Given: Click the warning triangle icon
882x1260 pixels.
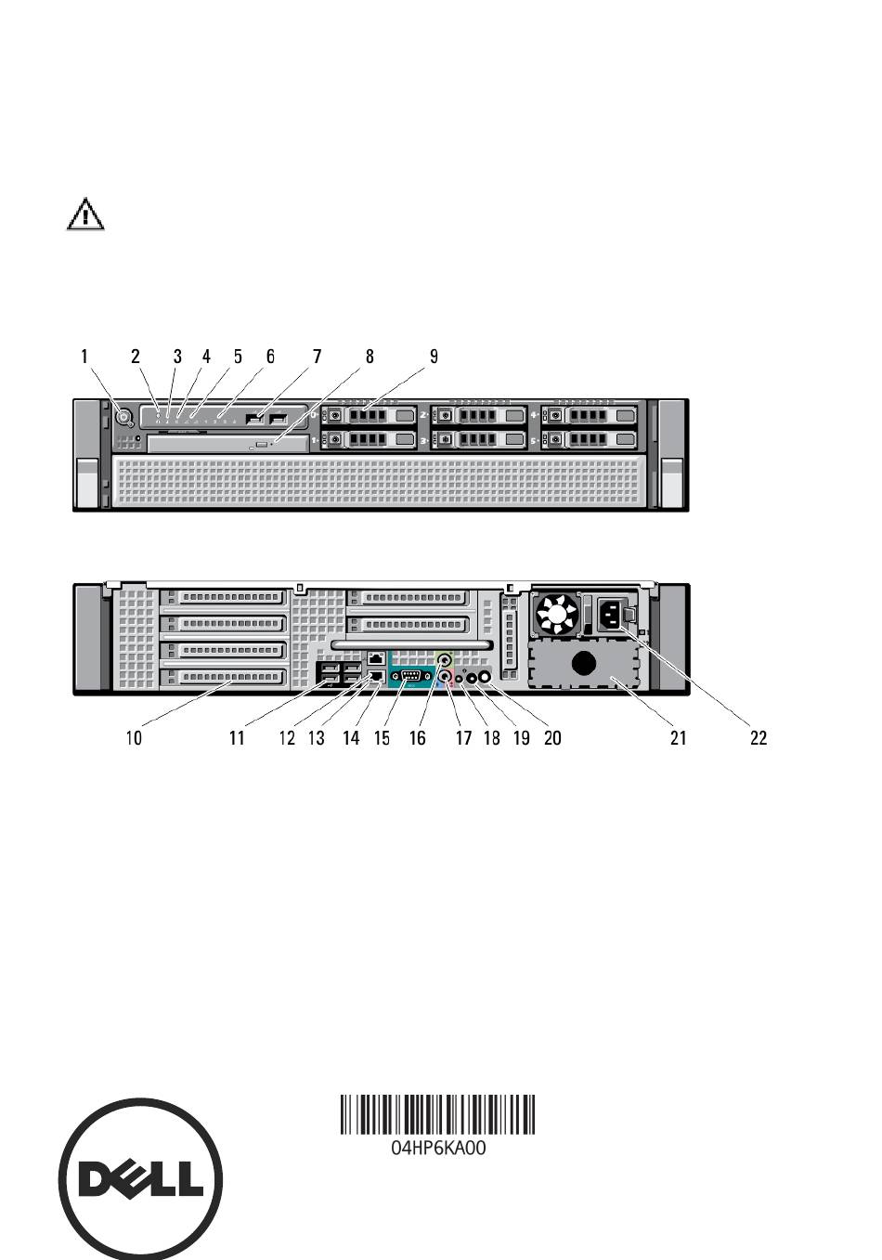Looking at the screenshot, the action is tap(85, 214).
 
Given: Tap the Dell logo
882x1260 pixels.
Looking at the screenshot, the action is tap(140, 1179).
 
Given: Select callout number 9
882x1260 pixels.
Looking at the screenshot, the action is tap(434, 357).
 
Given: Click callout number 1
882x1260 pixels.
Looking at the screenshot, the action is tap(84, 357).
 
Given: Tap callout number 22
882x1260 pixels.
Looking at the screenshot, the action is tap(759, 737).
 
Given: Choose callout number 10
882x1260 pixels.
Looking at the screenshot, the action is tap(134, 737).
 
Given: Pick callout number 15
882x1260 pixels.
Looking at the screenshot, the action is tap(382, 737).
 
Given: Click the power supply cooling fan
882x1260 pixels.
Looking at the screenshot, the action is tap(557, 615).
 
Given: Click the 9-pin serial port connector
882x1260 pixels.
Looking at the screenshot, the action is tap(411, 677).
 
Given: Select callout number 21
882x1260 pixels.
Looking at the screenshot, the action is tap(679, 737).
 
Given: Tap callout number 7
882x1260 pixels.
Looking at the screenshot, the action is tap(317, 357).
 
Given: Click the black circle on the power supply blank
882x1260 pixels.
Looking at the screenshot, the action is tap(584, 664).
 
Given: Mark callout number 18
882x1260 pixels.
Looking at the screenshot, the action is tap(492, 737).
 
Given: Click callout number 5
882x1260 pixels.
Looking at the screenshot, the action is tap(238, 357).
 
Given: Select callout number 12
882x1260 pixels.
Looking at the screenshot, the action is tap(287, 737).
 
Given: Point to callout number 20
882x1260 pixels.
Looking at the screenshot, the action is tap(552, 737).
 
